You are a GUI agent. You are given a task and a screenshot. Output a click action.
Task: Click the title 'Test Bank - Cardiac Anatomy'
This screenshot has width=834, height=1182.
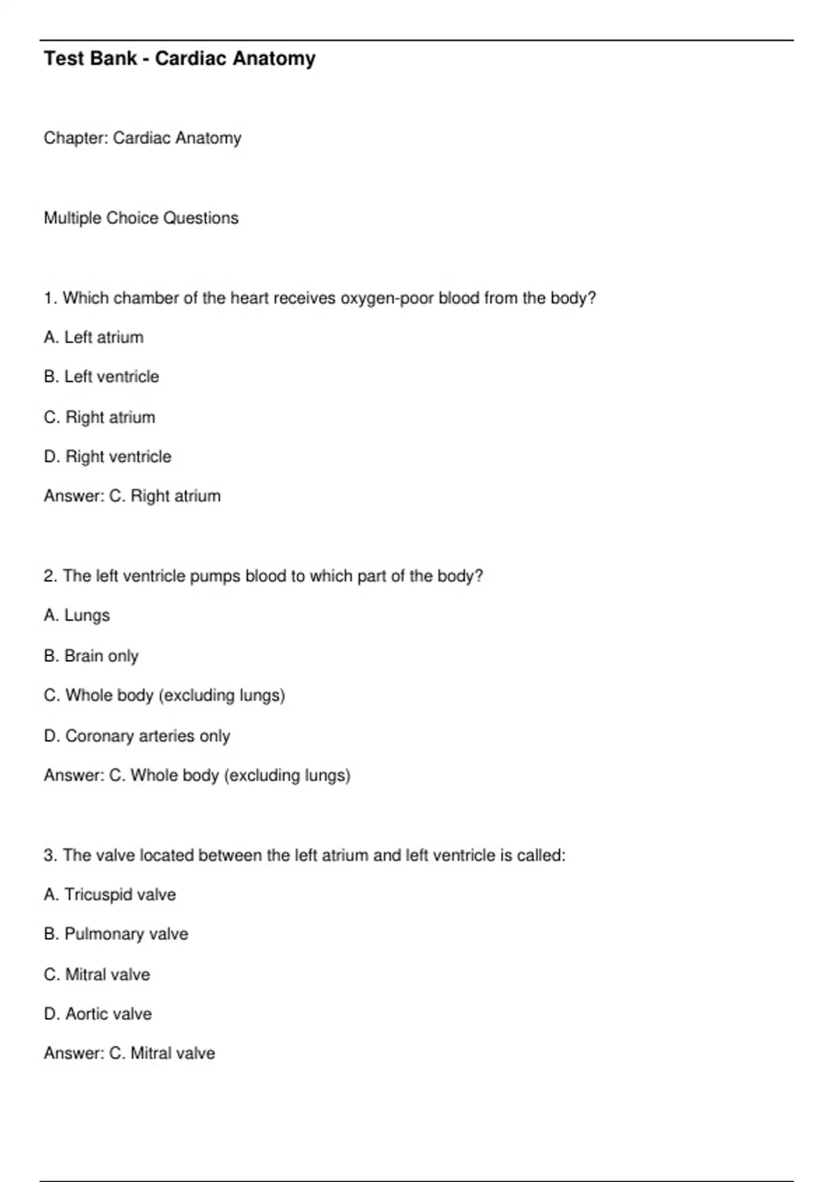(x=179, y=58)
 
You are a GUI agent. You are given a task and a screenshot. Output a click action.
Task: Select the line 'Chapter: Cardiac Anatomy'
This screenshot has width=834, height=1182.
(x=142, y=138)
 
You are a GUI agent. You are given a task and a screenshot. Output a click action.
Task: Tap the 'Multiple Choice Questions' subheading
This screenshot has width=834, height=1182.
(x=141, y=218)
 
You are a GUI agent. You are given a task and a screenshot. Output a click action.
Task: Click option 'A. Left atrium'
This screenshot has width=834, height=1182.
(x=94, y=337)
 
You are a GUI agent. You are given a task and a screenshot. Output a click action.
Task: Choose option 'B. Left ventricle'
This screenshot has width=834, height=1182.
(x=101, y=377)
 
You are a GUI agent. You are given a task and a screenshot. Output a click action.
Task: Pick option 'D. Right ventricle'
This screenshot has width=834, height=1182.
(x=108, y=457)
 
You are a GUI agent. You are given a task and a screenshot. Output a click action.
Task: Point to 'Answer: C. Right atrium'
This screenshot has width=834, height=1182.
(x=132, y=496)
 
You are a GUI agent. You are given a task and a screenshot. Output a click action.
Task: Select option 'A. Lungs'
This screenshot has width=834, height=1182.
(x=77, y=615)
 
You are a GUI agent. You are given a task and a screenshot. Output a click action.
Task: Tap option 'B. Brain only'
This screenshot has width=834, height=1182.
(x=91, y=656)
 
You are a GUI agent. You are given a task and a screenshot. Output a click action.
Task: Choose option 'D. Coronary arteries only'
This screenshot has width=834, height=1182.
(x=137, y=736)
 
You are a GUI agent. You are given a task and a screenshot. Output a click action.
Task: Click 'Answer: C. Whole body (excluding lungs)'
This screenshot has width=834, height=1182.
(x=197, y=775)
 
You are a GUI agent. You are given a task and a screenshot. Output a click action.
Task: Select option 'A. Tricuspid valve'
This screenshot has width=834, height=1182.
(x=110, y=894)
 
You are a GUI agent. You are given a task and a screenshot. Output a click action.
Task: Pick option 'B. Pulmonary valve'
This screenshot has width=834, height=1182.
(x=116, y=934)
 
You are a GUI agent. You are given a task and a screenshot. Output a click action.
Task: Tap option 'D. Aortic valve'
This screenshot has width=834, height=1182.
(x=98, y=1014)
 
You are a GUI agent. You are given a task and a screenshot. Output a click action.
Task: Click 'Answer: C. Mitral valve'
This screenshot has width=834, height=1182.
(x=129, y=1053)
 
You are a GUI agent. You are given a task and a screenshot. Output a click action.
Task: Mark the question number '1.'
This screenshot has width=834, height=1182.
(x=51, y=298)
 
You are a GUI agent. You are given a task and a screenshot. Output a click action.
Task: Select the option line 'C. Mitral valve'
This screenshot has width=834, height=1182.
(x=97, y=974)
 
